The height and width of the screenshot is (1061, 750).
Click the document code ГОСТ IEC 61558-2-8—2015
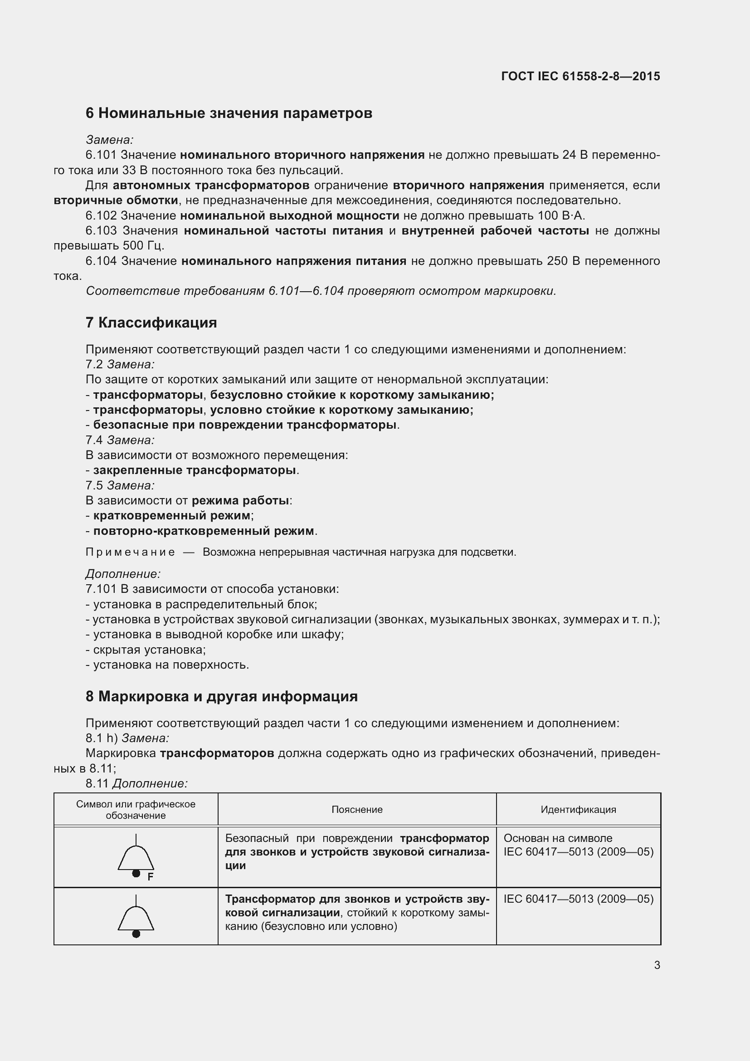[580, 76]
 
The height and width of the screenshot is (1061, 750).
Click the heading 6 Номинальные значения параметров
[229, 113]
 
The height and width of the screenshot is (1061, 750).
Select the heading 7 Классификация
[151, 323]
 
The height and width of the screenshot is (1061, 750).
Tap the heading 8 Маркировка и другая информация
[222, 696]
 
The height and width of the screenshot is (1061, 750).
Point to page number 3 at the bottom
[657, 965]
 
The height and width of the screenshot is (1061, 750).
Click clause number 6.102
[101, 216]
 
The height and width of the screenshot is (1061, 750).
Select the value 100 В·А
[561, 216]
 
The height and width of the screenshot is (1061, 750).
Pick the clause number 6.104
[101, 262]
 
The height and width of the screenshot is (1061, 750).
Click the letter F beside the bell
[150, 877]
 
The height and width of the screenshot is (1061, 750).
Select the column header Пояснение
[357, 810]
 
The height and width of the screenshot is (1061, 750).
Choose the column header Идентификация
[578, 810]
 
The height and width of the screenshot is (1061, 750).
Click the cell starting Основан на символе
[578, 845]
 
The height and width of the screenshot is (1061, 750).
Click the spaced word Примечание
[130, 553]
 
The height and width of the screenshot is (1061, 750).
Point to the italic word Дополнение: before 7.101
[123, 574]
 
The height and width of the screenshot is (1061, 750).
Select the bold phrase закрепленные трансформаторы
[195, 470]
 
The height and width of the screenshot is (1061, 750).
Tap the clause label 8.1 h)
[102, 738]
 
